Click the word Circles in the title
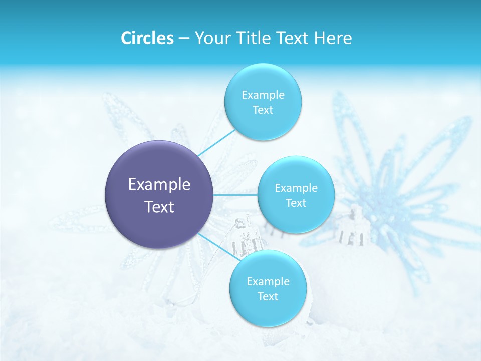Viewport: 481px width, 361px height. (x=147, y=38)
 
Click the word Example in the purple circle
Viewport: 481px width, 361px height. (x=159, y=185)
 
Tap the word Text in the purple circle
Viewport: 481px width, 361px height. (x=159, y=207)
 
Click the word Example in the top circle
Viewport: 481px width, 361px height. (x=263, y=95)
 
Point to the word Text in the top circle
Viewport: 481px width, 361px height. (x=263, y=110)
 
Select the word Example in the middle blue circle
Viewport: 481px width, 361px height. (x=296, y=188)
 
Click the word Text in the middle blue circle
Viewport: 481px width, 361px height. (x=296, y=203)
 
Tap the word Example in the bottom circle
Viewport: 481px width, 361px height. (x=268, y=282)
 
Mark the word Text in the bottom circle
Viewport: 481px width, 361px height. (x=268, y=297)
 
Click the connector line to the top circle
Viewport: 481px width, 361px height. (x=216, y=143)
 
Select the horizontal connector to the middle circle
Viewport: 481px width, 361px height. (x=235, y=195)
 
